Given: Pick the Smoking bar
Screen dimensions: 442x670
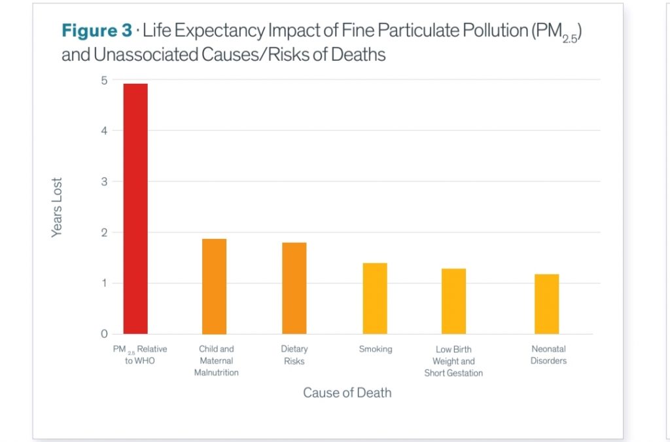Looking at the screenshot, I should point(375,298).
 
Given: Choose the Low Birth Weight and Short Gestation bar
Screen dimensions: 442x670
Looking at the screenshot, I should point(453,301).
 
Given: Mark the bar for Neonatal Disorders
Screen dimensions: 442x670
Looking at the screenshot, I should point(547,304).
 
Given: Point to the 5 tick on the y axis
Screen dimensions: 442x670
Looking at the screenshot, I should point(103,81).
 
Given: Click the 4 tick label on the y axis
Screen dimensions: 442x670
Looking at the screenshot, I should point(103,131).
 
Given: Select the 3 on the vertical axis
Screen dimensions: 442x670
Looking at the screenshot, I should point(103,181).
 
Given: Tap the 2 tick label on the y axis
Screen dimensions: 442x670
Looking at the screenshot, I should point(103,232).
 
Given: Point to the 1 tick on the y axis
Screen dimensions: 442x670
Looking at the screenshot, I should point(103,283).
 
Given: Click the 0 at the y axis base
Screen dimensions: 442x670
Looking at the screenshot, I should point(103,334).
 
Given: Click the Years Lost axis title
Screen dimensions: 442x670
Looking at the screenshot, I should point(58,208).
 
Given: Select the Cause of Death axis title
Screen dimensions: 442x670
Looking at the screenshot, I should point(347,393).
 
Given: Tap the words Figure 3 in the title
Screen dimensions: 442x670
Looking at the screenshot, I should point(93,31).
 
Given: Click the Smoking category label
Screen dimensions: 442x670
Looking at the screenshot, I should point(376,349).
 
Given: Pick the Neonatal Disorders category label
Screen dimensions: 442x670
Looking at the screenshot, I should point(548,355).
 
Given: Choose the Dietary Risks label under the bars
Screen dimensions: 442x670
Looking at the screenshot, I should point(294,355).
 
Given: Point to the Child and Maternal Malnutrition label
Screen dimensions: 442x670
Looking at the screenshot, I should point(217,361).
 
